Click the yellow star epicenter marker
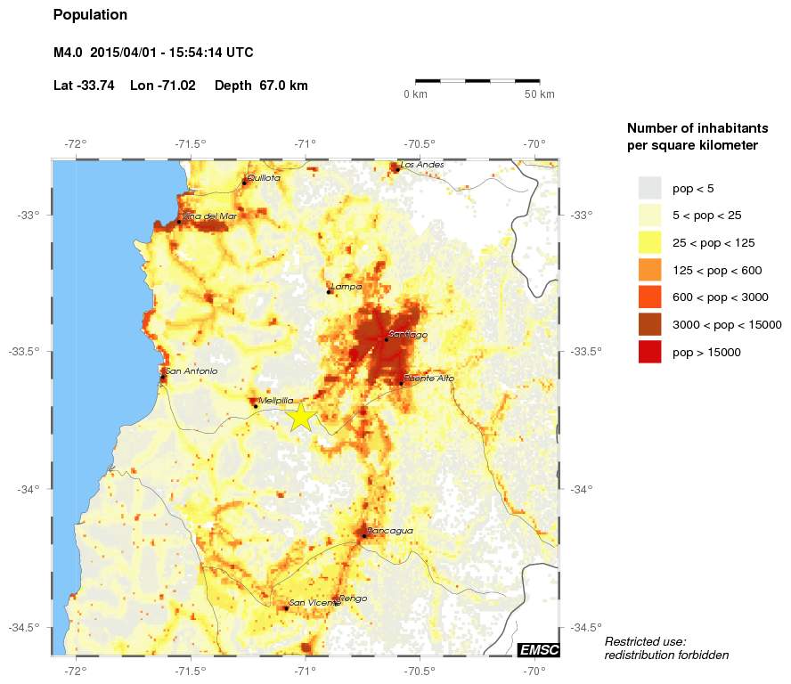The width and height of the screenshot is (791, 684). [x=301, y=416]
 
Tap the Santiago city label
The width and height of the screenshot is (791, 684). [x=408, y=335]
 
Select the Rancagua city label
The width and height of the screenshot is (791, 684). [x=390, y=531]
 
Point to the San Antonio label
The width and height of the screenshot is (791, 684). [x=192, y=371]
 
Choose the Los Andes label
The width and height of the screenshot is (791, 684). [x=420, y=165]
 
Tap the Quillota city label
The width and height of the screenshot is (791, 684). [x=264, y=178]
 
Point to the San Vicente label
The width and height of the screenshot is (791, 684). [x=314, y=603]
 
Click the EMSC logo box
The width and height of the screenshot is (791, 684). [x=539, y=650]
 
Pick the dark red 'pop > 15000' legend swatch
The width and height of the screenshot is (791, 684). [x=650, y=353]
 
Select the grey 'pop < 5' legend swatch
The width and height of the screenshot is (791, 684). [x=650, y=188]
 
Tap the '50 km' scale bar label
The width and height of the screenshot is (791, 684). [x=539, y=94]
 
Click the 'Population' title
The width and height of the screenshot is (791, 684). [x=90, y=15]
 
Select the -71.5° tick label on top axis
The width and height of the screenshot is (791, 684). [x=190, y=143]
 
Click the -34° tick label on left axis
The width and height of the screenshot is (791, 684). [x=35, y=489]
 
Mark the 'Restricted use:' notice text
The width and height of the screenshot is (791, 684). [x=645, y=641]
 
